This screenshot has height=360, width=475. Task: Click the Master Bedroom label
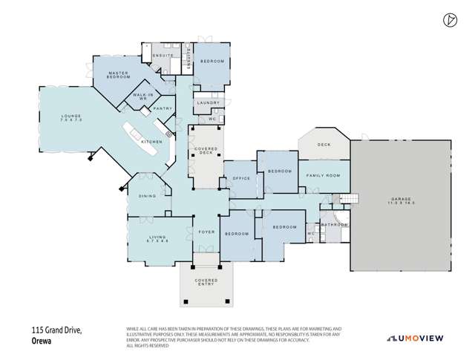[x=118, y=75]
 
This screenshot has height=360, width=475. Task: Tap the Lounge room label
[x=71, y=117]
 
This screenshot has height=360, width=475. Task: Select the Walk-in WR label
[x=143, y=97]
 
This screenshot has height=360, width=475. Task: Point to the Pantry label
[x=163, y=109]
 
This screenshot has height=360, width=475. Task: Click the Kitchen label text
[x=151, y=141]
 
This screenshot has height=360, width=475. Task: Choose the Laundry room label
[x=206, y=103]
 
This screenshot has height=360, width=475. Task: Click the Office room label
[x=240, y=178]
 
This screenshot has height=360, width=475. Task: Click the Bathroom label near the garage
[x=335, y=223]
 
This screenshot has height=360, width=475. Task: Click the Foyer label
[x=206, y=232]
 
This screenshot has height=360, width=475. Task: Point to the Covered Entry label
[x=206, y=282]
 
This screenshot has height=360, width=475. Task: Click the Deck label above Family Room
[x=324, y=145]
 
